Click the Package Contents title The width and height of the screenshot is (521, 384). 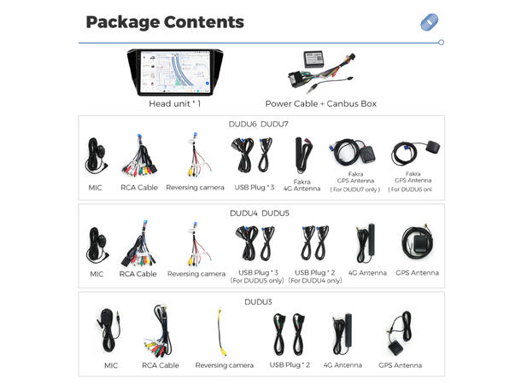(x=165, y=22)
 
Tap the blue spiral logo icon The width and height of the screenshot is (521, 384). (x=430, y=22)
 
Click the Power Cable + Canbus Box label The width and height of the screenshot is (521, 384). (x=320, y=104)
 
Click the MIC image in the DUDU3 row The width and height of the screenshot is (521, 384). (x=111, y=330)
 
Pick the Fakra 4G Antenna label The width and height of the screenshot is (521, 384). (x=301, y=187)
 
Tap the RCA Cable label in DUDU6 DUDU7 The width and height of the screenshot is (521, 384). (x=138, y=187)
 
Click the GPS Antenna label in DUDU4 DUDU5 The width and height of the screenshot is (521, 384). (x=417, y=273)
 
